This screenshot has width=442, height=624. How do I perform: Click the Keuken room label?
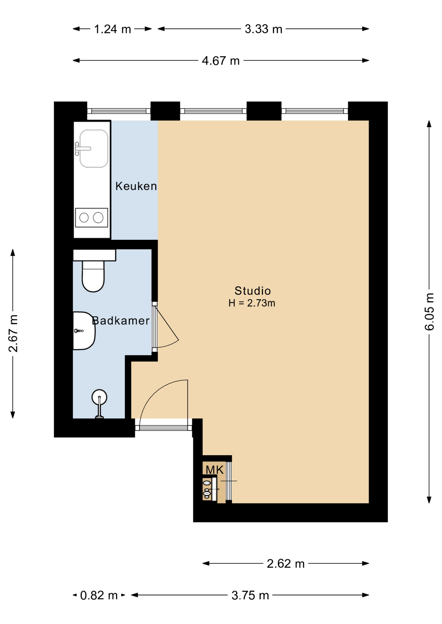(136, 186)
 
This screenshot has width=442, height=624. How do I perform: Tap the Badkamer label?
(121, 321)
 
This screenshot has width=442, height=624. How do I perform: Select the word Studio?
(253, 291)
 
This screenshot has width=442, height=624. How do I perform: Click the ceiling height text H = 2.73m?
(252, 303)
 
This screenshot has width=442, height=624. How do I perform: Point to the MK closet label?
(214, 470)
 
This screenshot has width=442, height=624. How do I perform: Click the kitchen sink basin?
(94, 149)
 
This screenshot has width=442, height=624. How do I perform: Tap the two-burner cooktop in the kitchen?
(91, 217)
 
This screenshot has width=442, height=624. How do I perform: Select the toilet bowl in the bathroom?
(93, 276)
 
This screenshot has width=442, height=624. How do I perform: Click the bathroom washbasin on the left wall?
(84, 331)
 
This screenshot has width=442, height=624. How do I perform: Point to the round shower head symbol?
(99, 397)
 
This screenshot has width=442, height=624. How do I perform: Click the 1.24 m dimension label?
(112, 29)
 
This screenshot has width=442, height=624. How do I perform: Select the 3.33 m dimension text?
(263, 29)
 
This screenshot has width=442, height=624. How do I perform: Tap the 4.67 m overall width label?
(221, 61)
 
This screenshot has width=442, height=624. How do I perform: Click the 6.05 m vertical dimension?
(430, 312)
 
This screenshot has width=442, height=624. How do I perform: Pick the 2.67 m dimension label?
(13, 333)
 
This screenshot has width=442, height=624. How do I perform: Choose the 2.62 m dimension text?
(285, 564)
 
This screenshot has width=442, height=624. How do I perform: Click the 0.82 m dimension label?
(99, 595)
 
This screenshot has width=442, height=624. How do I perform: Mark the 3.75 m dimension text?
(250, 595)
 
